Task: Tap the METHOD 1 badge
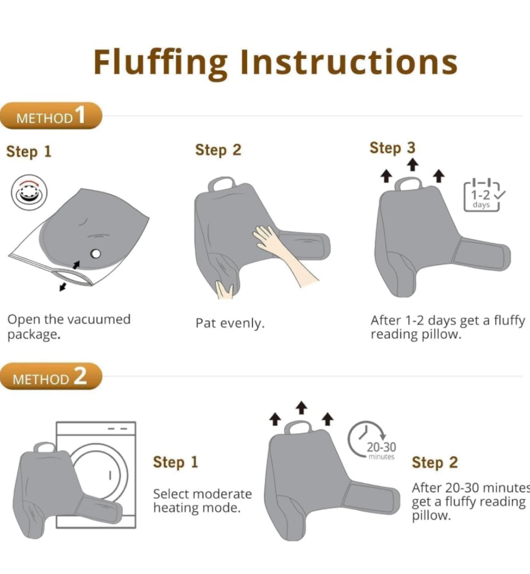tap(51, 116)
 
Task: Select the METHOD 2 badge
tap(51, 376)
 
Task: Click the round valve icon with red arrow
tap(29, 192)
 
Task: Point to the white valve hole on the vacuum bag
tap(95, 254)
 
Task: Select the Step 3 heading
tap(392, 148)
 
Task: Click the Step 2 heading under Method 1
tap(218, 150)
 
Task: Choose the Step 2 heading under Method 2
tap(435, 462)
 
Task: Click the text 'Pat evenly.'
tap(230, 323)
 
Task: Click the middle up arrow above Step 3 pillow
tap(412, 165)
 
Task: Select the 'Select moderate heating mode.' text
tap(203, 501)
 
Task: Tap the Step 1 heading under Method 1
tap(29, 152)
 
